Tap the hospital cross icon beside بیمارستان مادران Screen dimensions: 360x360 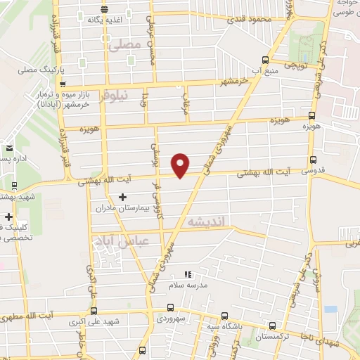[124, 198]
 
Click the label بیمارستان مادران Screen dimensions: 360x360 [124, 209]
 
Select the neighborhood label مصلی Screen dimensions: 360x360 [127, 44]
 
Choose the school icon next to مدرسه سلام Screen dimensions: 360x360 [186, 275]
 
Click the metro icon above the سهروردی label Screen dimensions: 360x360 [171, 307]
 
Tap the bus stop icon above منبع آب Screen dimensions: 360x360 [264, 59]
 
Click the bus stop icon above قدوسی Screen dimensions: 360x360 [312, 160]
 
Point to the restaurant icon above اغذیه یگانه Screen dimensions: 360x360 [104, 9]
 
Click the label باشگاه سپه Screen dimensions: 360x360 [219, 327]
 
